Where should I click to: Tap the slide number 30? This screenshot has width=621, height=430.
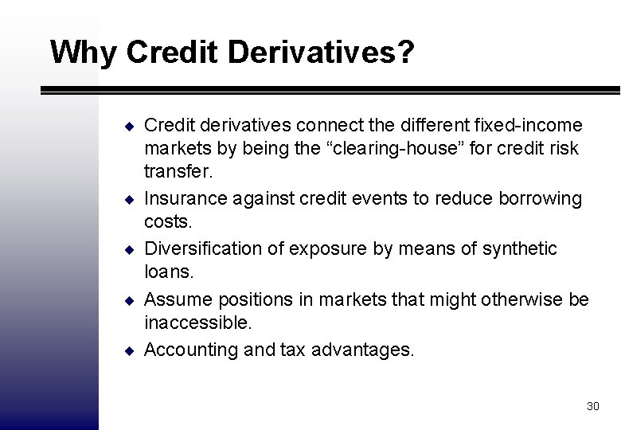coord(592,406)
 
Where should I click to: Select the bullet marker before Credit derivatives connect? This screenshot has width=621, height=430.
coord(127,127)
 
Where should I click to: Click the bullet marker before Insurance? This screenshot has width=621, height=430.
coord(127,200)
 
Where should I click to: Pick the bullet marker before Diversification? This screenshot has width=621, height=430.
coord(127,249)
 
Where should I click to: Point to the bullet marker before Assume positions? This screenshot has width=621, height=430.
coord(127,299)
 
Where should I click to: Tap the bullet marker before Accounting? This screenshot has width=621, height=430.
coord(127,350)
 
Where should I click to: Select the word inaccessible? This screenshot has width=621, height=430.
coord(197,324)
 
